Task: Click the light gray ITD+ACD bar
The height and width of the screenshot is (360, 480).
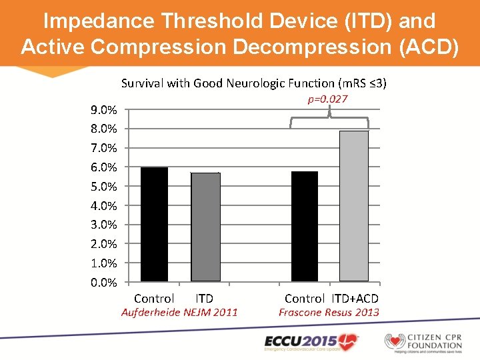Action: [353, 206]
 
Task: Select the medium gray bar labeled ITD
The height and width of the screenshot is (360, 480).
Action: [205, 227]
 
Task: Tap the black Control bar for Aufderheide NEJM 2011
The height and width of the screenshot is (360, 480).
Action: [154, 224]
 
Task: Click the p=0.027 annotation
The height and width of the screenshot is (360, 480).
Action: [327, 99]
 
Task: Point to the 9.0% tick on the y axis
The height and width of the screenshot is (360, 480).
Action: [104, 110]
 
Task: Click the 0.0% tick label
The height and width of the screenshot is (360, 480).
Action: [104, 283]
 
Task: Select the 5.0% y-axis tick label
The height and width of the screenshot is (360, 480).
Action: [104, 187]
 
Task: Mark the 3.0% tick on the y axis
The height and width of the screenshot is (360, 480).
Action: [104, 225]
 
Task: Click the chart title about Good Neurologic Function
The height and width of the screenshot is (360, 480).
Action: [254, 83]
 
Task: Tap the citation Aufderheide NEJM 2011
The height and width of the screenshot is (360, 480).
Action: [179, 312]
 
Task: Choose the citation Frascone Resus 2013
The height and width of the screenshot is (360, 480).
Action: [329, 312]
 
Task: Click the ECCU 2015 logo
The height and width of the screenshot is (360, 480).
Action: [311, 341]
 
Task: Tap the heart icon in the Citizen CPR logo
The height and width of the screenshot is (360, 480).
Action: [396, 341]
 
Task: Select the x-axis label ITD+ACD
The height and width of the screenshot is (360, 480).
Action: [355, 299]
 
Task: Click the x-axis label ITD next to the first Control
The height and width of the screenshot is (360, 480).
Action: [204, 299]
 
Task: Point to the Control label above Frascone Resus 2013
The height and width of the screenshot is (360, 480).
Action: [304, 299]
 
